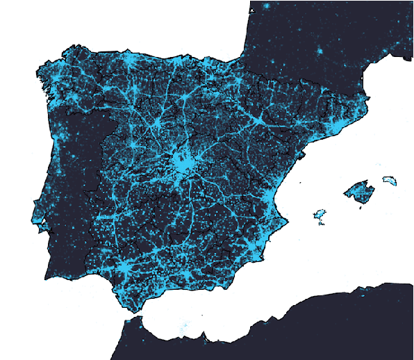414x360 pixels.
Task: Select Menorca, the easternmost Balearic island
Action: click(390, 181)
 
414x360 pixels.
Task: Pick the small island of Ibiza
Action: click(320, 215)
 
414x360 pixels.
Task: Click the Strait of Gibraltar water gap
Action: click(132, 319)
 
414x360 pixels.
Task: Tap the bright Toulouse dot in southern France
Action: click(320, 51)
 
